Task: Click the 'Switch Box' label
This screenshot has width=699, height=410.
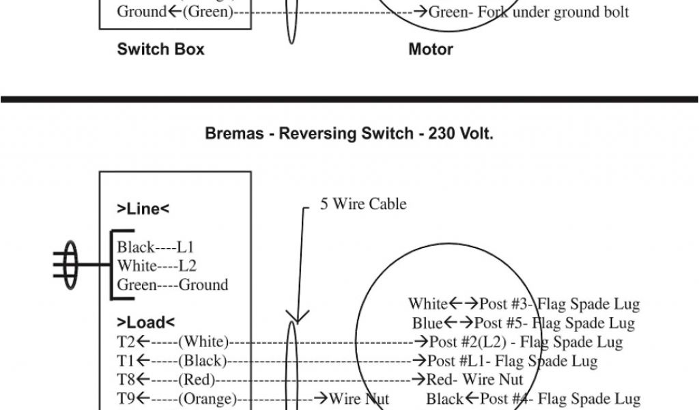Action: point(160,49)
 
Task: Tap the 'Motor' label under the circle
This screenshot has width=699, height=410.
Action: point(431,49)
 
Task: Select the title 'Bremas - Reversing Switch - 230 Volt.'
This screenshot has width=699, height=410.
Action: point(349,134)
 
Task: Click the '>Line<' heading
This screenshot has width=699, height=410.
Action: point(143,209)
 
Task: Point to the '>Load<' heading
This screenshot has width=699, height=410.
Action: point(145,322)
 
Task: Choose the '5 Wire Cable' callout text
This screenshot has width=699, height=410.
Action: point(363,204)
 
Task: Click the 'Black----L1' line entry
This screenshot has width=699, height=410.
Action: point(155,247)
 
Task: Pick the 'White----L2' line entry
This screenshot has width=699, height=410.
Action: point(156,266)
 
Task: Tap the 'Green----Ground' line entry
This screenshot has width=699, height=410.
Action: point(172,285)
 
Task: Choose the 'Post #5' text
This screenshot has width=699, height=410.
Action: point(502,323)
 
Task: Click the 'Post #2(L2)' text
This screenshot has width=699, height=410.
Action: point(467,341)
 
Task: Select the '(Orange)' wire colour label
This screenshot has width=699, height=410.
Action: point(207,398)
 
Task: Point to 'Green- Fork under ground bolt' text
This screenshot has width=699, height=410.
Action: point(529,12)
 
